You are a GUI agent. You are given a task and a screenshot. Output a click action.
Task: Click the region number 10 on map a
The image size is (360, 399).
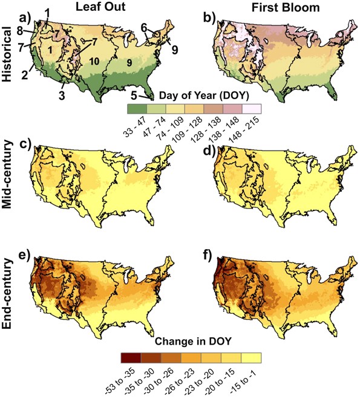pyautogui.click(x=94, y=60)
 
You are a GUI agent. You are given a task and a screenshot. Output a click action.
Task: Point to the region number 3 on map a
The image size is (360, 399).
pyautogui.click(x=61, y=95)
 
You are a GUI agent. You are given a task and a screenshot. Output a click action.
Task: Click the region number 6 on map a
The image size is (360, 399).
pyautogui.click(x=145, y=27)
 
